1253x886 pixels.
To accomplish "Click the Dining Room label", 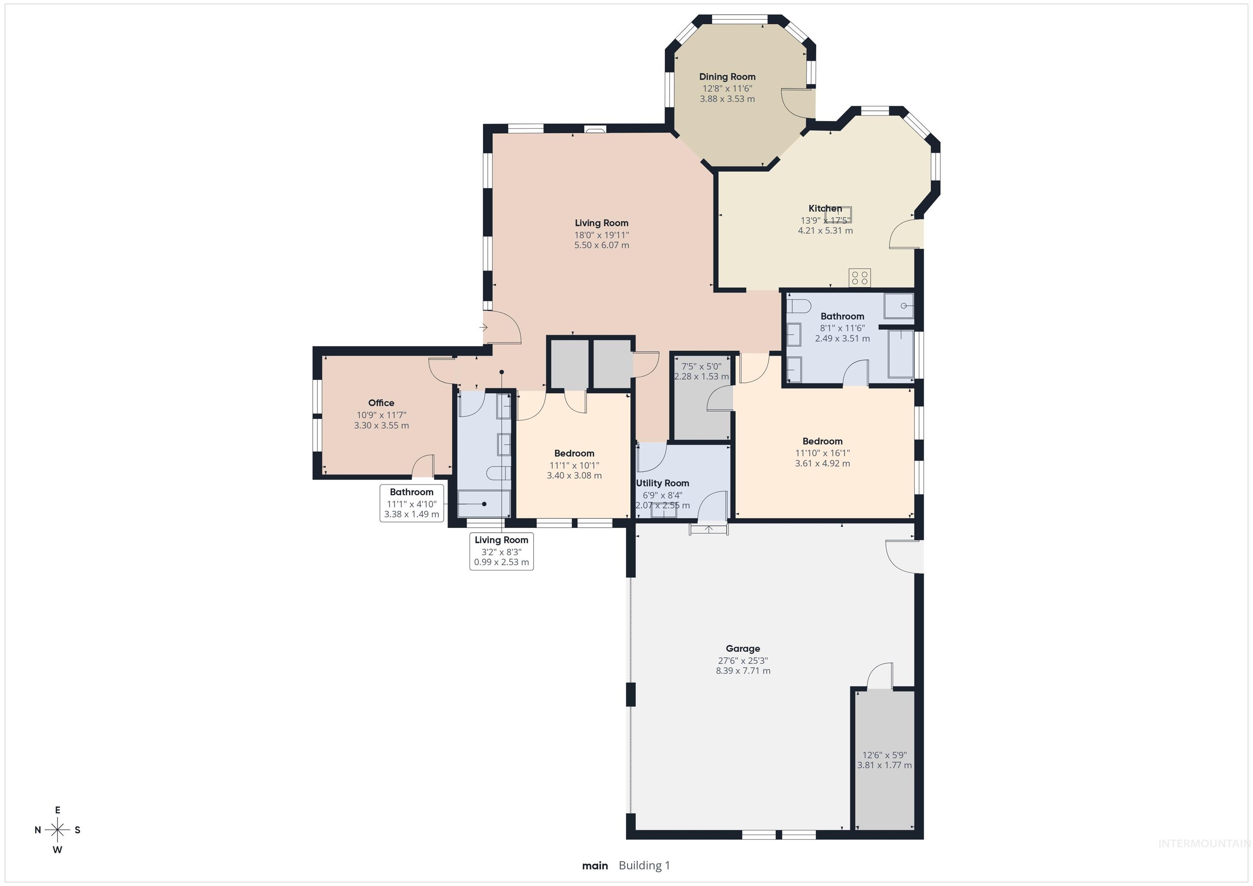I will pos(727,77).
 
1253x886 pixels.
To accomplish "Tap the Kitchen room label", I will pos(825,208).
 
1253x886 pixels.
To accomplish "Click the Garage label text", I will pos(742,649).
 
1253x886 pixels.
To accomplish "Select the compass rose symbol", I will pos(57,830).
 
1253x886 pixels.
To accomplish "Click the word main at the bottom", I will pos(595,865).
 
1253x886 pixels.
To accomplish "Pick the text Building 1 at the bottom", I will pos(644,865).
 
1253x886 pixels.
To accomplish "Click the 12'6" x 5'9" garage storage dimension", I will pos(884,755).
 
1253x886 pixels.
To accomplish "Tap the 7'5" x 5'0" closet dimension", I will pos(701,367).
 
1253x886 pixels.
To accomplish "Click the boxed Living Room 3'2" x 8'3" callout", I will pos(501,551).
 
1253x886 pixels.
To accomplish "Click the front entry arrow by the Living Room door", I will pos(483,327).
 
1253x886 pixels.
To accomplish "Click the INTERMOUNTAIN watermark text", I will pos(1203,844).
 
